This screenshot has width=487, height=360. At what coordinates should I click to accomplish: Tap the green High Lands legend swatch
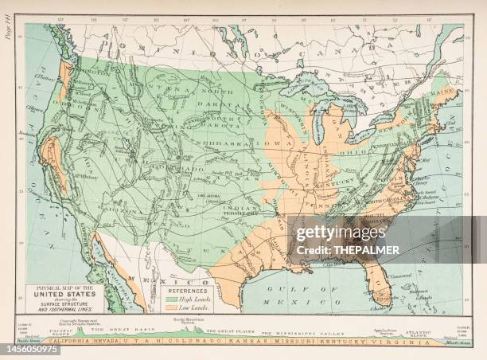tap(174, 299)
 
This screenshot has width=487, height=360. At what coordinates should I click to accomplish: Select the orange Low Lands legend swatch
tap(174, 307)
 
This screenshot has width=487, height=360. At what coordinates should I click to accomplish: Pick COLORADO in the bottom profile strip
tap(205, 341)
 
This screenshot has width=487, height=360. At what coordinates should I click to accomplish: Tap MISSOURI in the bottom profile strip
tap(290, 341)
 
